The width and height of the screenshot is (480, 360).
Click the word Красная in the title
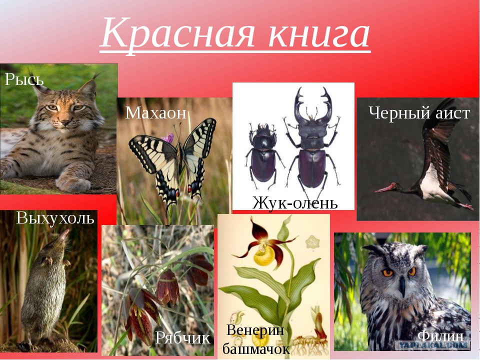tap(177, 33)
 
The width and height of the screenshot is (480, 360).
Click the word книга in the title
tap(318, 33)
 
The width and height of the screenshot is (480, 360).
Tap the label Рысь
tap(24, 79)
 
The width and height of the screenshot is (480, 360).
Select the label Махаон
tap(155, 112)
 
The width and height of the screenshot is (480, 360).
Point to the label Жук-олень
tap(295, 202)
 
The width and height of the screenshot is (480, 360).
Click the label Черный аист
tap(419, 113)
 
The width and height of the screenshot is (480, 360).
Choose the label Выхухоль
tap(55, 218)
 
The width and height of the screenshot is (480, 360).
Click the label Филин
tap(440, 336)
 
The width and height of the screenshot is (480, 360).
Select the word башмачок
tap(256, 349)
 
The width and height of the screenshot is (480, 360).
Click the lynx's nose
tap(64, 122)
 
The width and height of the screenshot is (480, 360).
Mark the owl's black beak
tap(402, 286)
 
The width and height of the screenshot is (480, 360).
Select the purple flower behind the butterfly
tap(168, 138)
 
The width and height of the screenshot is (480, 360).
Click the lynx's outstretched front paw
tap(73, 183)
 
